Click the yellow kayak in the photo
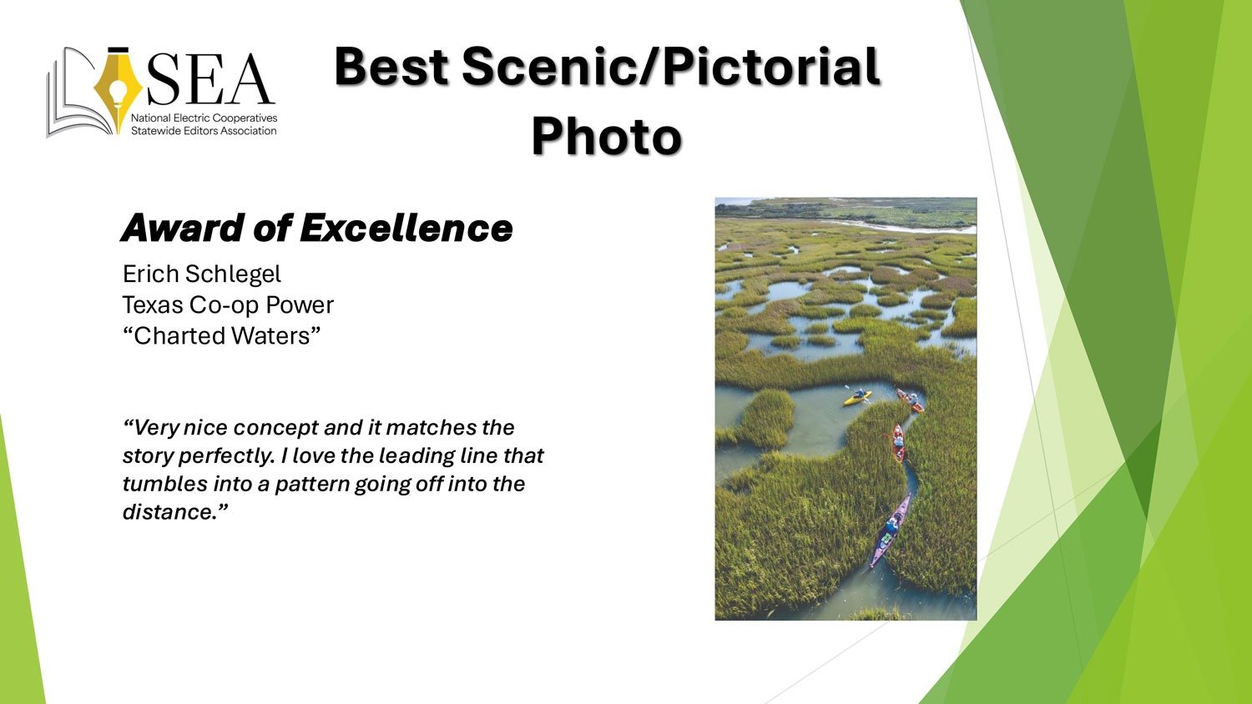click(x=857, y=397)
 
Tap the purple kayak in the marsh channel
click(x=889, y=531)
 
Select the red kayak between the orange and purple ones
click(x=898, y=443)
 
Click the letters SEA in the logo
click(x=210, y=79)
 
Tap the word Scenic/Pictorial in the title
click(x=671, y=67)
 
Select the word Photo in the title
click(x=607, y=136)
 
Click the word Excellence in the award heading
click(x=406, y=228)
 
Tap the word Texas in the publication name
click(x=153, y=305)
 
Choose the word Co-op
click(x=225, y=306)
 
